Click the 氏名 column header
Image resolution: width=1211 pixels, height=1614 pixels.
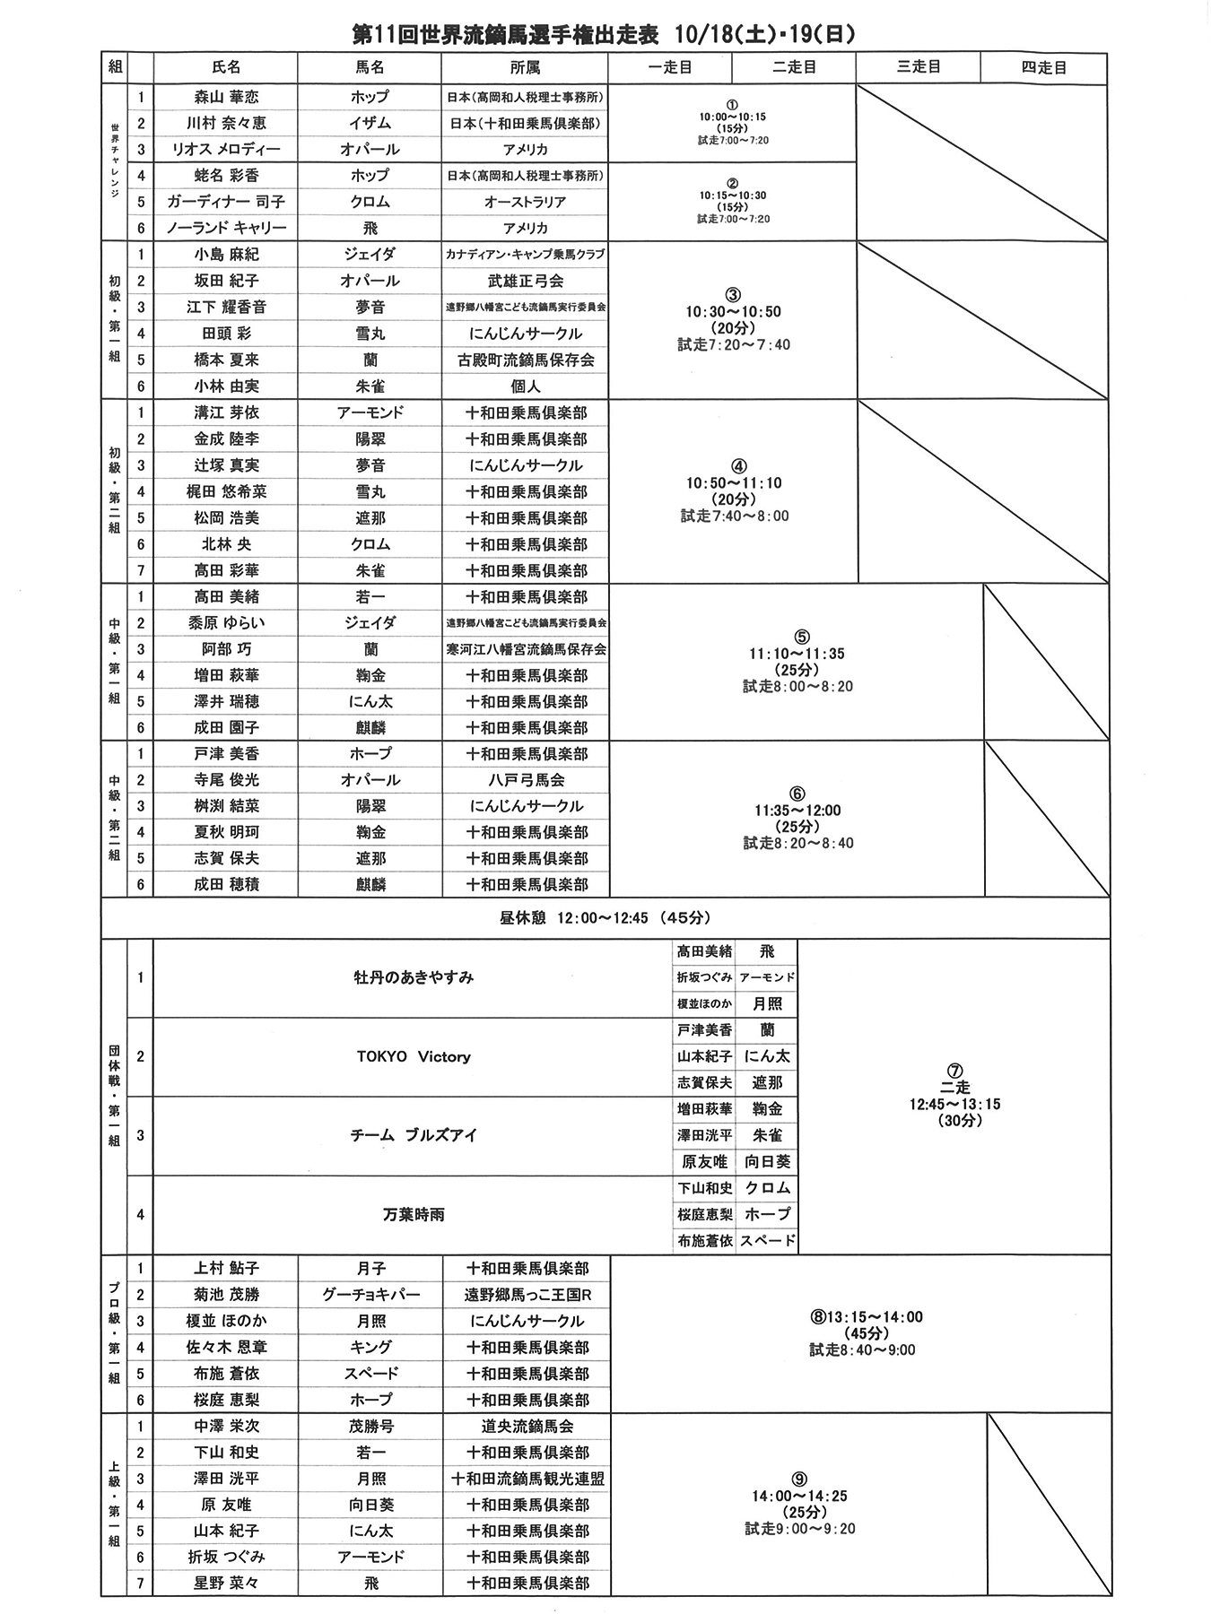pos(226,67)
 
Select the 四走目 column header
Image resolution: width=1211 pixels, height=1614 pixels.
pos(1043,67)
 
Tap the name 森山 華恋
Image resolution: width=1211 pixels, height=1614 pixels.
pos(226,97)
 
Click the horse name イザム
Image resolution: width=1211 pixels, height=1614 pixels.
pos(370,123)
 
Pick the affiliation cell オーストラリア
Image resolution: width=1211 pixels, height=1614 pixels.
pos(525,202)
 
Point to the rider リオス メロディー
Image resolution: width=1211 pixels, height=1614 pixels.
pos(226,149)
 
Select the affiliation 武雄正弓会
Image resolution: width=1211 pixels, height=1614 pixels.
pos(525,281)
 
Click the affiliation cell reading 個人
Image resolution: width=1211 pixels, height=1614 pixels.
pos(525,386)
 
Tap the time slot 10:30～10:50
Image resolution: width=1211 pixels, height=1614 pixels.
pos(733,312)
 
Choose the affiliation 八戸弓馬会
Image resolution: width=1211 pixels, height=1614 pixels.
pos(527,780)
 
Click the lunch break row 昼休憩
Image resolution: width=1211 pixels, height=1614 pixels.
pos(605,918)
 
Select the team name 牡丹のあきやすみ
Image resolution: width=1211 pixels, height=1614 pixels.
pos(414,977)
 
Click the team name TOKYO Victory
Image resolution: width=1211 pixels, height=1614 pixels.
pos(414,1056)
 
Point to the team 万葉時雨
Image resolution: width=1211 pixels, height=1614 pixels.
pos(414,1215)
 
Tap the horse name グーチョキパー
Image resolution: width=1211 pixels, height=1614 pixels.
pos(370,1295)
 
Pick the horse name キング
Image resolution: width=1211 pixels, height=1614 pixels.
pos(370,1347)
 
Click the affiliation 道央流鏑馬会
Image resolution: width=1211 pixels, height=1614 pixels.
pos(527,1426)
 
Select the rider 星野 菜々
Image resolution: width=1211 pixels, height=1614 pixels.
pos(226,1583)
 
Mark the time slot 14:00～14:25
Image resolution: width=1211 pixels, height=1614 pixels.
pos(799,1496)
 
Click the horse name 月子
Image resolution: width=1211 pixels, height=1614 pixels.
pos(370,1268)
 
